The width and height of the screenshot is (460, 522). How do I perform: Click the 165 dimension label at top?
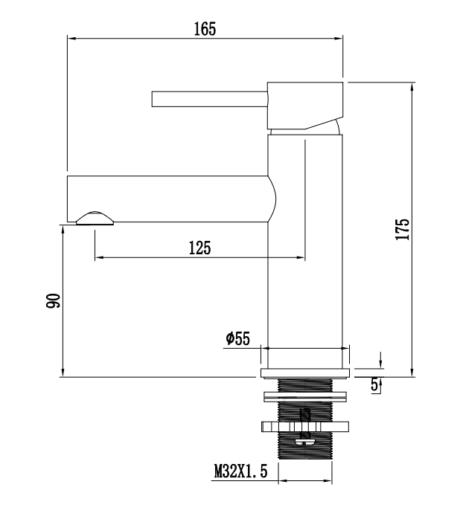click(205, 29)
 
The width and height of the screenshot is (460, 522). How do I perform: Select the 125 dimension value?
click(199, 248)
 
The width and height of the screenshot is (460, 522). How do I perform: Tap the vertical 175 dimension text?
click(402, 229)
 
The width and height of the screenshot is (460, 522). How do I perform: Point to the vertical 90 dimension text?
click(53, 301)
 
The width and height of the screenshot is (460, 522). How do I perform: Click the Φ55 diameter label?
click(237, 339)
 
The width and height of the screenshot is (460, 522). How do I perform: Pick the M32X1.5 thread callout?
click(240, 471)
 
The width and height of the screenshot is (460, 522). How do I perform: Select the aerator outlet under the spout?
click(95, 217)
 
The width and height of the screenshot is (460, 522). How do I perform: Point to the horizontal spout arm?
click(167, 199)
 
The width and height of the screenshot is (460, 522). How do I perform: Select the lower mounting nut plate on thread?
click(304, 427)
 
